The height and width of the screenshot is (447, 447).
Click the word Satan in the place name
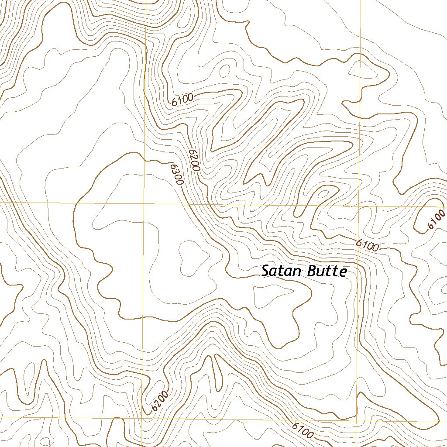pyautogui.click(x=282, y=271)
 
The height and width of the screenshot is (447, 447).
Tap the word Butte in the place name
pyautogui.click(x=327, y=271)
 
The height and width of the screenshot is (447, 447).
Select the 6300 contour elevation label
pyautogui.click(x=176, y=174)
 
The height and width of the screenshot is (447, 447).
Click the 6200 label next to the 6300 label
pyautogui.click(x=194, y=160)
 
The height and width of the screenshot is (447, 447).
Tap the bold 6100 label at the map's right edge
pyautogui.click(x=436, y=220)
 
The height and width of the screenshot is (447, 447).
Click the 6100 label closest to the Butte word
pyautogui.click(x=367, y=245)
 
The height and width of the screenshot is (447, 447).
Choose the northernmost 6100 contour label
pyautogui.click(x=182, y=101)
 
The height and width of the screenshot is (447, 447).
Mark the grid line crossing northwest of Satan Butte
pyautogui.click(x=144, y=203)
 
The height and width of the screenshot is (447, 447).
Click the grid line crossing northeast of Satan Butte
pyautogui.click(x=358, y=206)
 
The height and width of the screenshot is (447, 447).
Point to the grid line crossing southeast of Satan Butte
pyautogui.click(x=357, y=422)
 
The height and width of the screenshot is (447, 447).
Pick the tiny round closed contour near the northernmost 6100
pyautogui.click(x=225, y=70)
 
